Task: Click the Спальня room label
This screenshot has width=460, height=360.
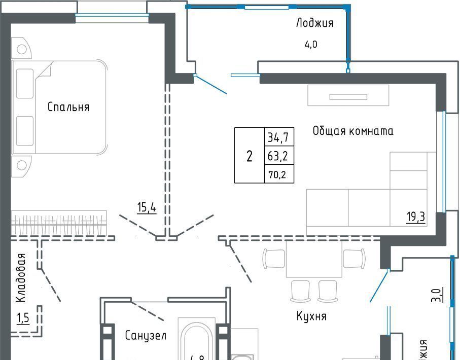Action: (x=68, y=107)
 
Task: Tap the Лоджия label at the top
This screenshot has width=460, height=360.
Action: (x=314, y=23)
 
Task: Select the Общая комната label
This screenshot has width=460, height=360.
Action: (x=353, y=131)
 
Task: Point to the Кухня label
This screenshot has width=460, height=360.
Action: (x=311, y=316)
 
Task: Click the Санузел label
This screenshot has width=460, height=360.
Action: (x=146, y=335)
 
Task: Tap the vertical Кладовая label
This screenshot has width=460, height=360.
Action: (x=21, y=278)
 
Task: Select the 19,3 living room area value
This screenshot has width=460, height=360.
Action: (x=415, y=218)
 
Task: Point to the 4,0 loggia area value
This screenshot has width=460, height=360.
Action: (x=310, y=44)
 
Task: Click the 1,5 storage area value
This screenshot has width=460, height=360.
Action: (x=23, y=318)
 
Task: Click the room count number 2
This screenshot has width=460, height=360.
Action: (x=249, y=156)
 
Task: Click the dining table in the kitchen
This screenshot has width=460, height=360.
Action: (x=314, y=259)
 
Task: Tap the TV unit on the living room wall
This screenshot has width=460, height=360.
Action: (x=348, y=96)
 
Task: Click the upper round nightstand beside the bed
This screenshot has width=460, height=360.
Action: (x=22, y=49)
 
